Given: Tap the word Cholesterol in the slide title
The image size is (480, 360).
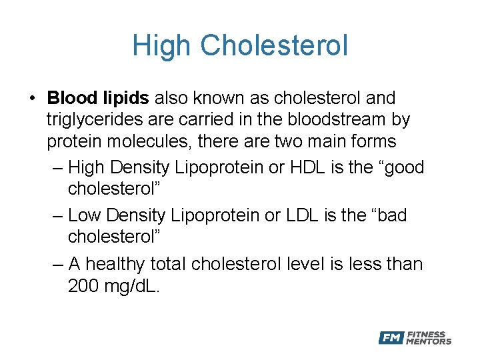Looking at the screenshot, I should coord(274,46).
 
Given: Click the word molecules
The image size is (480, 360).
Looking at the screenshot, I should coord(160,142).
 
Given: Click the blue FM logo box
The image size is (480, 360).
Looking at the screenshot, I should coord(391,338).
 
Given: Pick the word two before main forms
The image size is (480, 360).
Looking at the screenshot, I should coord(308,142).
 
